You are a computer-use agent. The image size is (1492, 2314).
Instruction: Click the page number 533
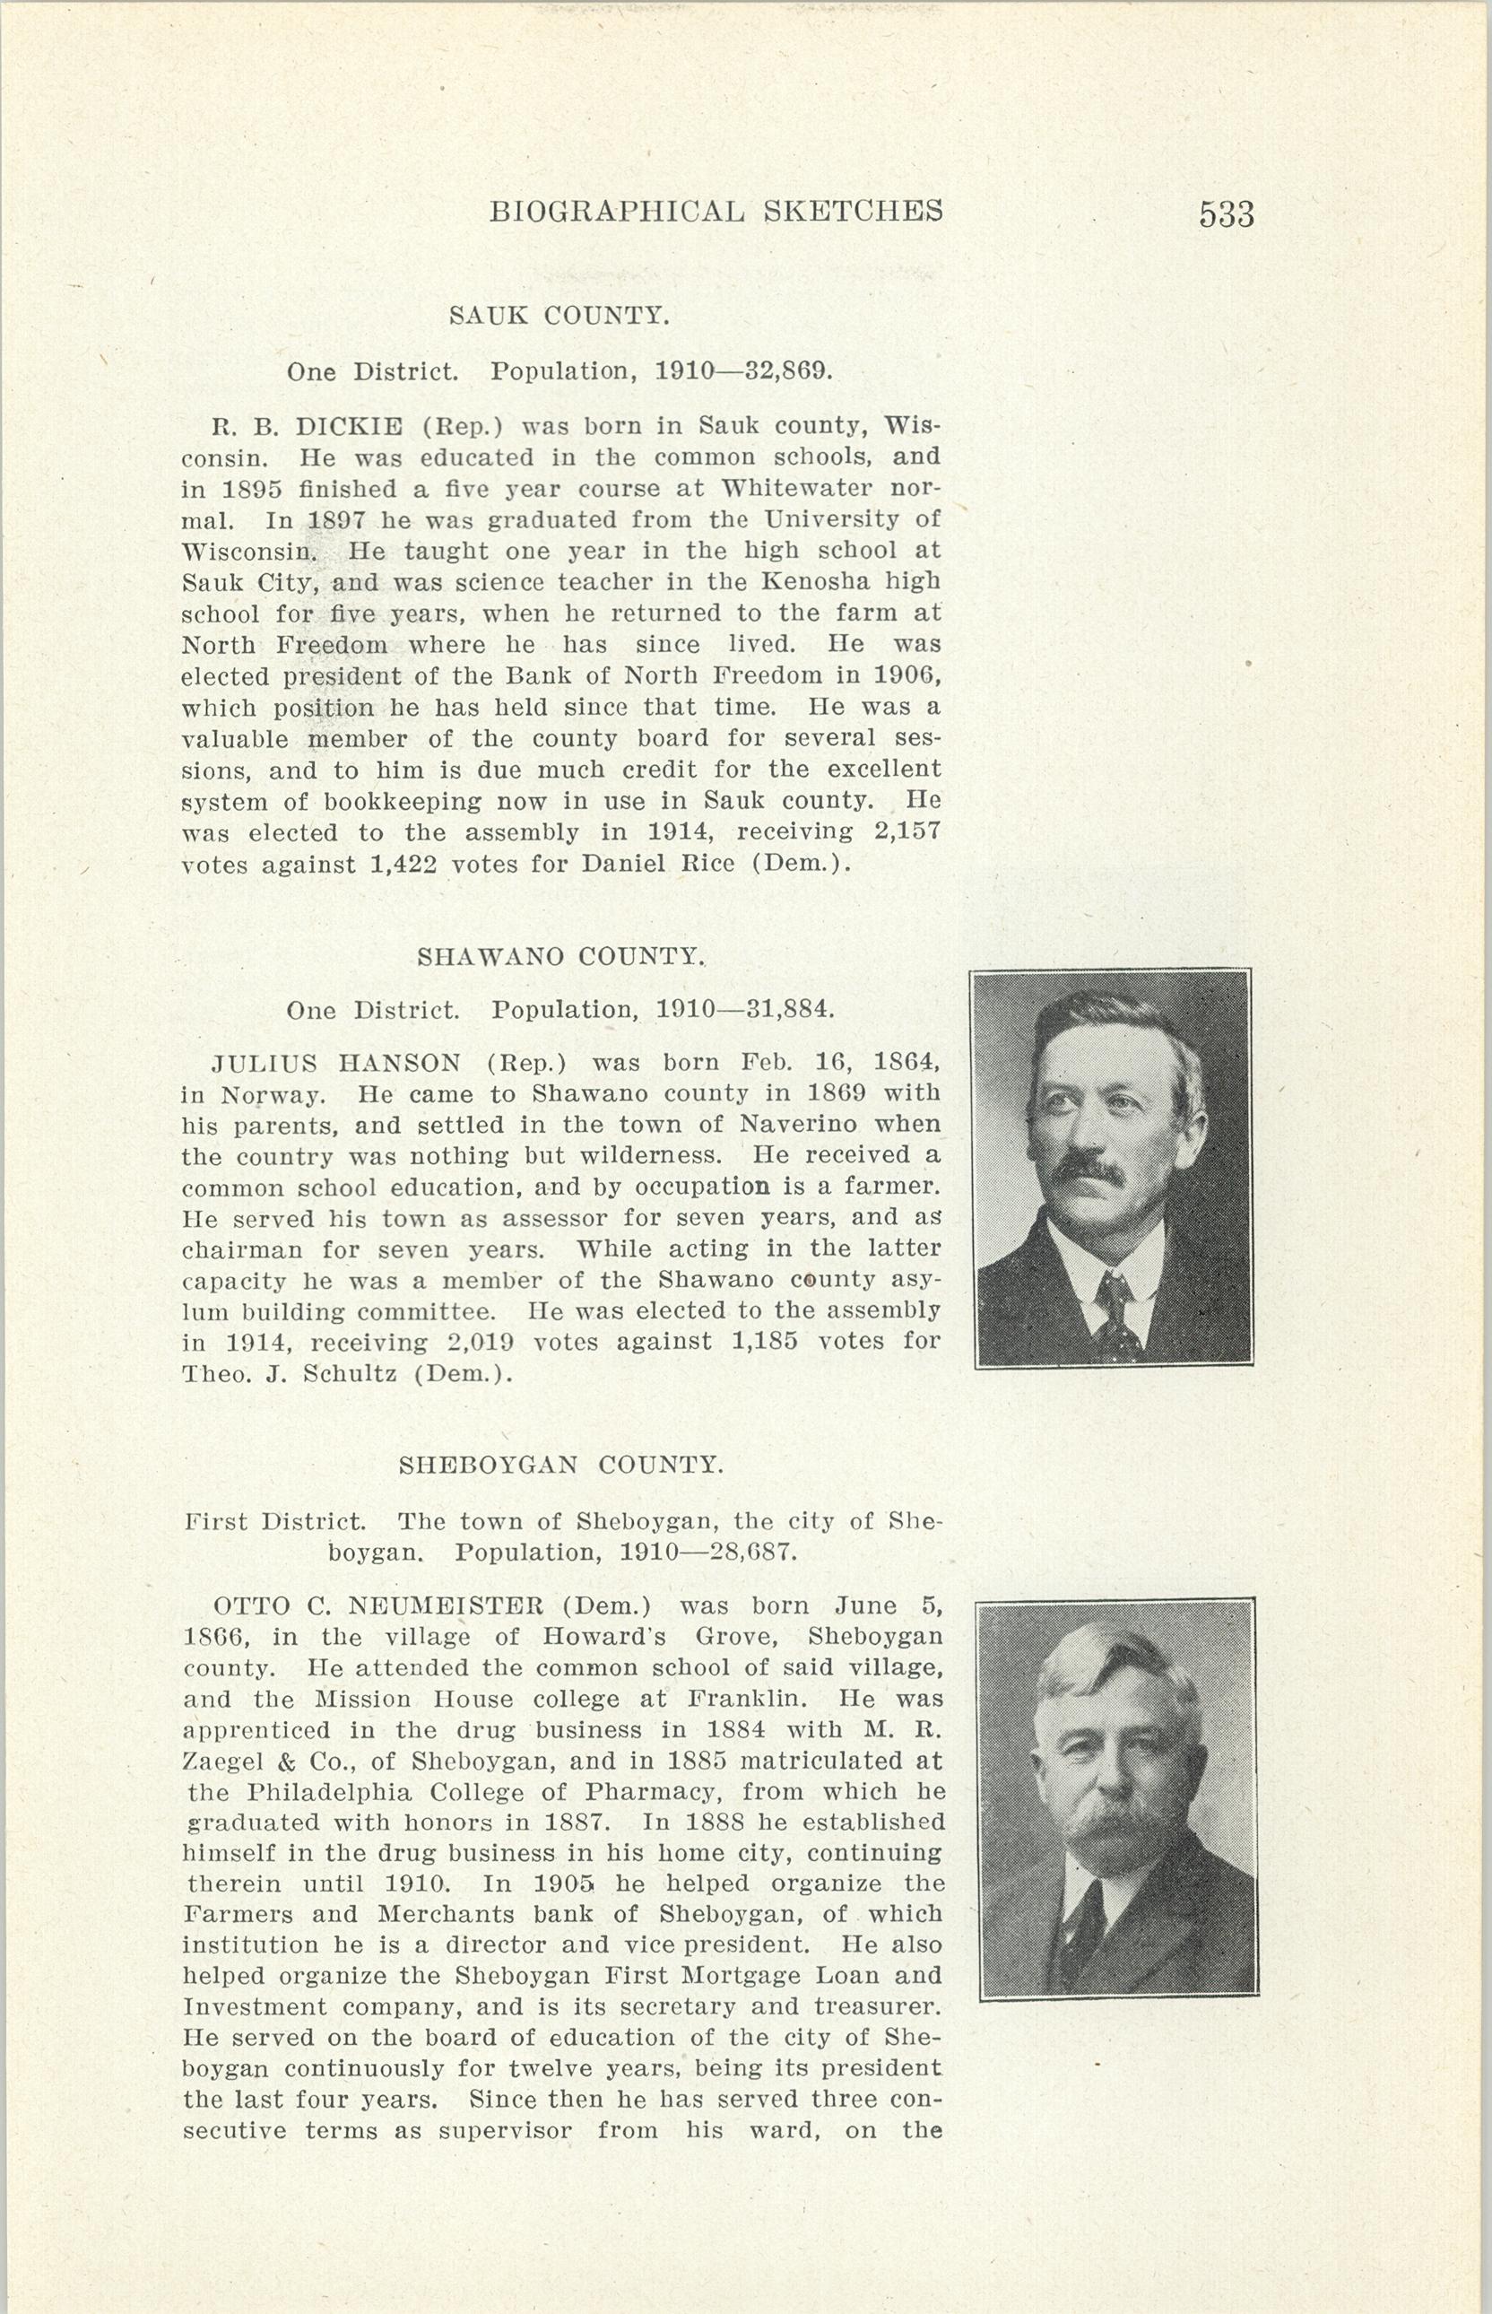tap(1226, 214)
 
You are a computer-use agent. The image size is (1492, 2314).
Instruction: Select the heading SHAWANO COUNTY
tap(561, 956)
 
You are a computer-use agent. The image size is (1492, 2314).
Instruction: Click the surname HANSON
tap(399, 1063)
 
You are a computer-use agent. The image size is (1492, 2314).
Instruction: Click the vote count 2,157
tap(900, 831)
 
